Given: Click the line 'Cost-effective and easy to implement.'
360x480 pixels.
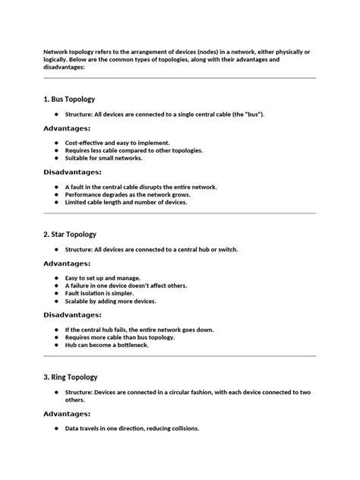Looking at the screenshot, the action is coord(118,143).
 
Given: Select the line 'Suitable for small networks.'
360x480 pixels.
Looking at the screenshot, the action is coord(104,158).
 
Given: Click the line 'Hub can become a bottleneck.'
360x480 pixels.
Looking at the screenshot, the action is coord(107,345).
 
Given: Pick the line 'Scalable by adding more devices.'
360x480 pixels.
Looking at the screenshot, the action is coord(111,301).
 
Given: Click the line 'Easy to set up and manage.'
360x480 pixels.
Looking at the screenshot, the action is coord(103,278).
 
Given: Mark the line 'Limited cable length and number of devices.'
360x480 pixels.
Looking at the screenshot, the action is coord(126,202).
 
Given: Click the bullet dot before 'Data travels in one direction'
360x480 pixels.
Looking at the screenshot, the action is coord(56,428).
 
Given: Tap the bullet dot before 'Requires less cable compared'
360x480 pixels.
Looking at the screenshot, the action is coord(56,150).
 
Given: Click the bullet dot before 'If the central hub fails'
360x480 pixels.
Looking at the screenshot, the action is coord(56,330).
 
